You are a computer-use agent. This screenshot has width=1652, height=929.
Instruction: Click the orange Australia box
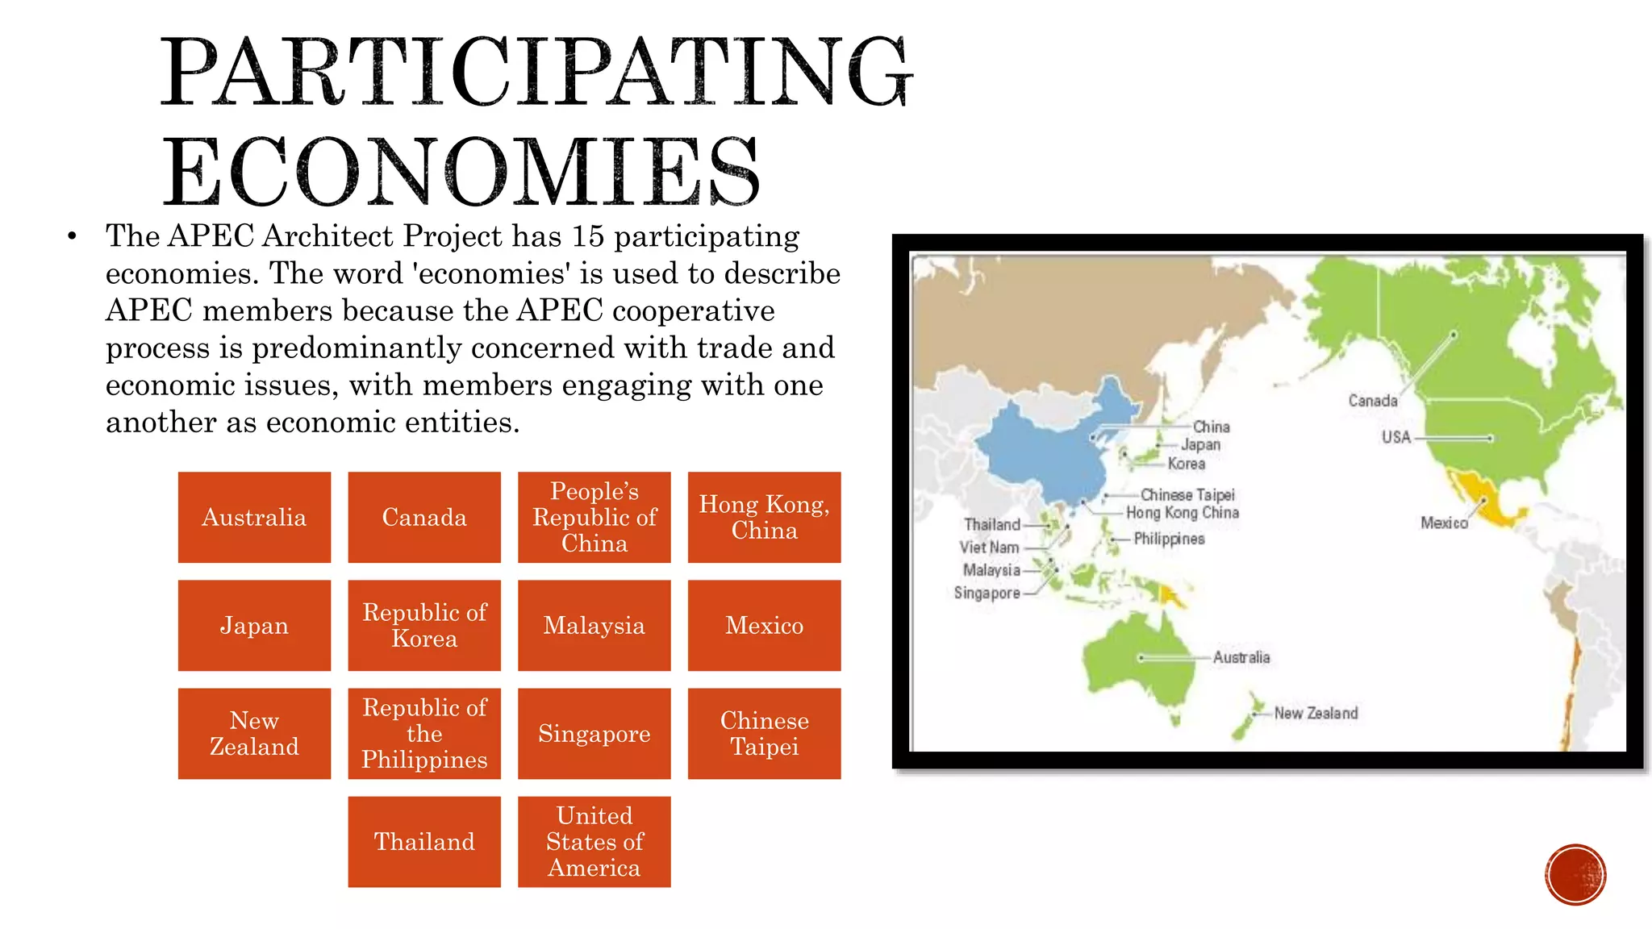click(254, 517)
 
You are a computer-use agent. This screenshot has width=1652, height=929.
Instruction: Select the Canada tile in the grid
click(424, 517)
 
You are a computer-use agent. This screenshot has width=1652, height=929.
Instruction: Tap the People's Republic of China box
click(594, 517)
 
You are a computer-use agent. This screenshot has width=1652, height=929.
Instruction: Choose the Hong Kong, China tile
click(764, 517)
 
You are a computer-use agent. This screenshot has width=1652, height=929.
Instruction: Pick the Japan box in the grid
click(254, 625)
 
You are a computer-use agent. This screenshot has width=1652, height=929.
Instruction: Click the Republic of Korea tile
click(424, 625)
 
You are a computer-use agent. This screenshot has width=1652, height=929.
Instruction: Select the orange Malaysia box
click(594, 625)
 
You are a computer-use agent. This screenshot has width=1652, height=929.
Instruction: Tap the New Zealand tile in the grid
click(254, 733)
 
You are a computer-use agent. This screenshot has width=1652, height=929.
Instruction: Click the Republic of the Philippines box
click(424, 733)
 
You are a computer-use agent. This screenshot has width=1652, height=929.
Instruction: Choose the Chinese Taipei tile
click(764, 733)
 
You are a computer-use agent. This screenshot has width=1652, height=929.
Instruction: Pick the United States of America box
click(594, 841)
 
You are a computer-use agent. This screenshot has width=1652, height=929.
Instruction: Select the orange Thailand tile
click(424, 841)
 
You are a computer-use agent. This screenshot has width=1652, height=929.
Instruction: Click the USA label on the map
click(1395, 437)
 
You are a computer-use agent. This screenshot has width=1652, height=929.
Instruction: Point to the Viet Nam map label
click(989, 547)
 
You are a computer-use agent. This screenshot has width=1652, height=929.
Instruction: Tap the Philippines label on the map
click(1169, 539)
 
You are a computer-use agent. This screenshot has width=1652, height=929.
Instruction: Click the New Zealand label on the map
click(1316, 713)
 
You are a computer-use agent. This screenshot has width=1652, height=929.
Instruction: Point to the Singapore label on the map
click(987, 593)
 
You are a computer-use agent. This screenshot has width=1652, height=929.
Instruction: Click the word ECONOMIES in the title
click(461, 171)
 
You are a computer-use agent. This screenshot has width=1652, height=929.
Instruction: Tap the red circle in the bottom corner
click(1575, 874)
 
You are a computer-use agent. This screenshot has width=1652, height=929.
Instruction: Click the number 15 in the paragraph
click(588, 236)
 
